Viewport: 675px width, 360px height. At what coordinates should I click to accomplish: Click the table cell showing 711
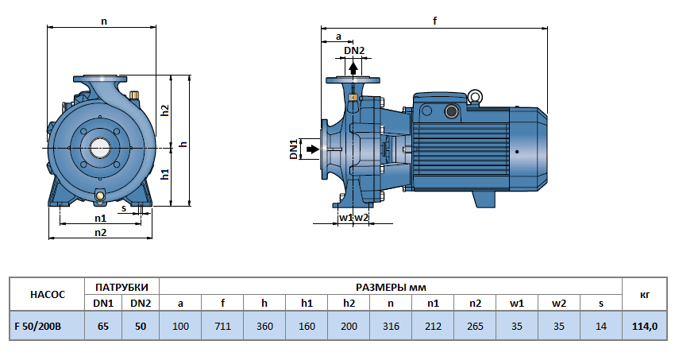click(x=222, y=326)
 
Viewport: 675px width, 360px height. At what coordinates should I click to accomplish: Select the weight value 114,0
click(x=643, y=326)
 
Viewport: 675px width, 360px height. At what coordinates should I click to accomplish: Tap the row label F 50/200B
click(x=46, y=326)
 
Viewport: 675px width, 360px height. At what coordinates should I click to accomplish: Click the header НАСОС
click(x=46, y=295)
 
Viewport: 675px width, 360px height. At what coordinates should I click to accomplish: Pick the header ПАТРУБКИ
click(x=121, y=286)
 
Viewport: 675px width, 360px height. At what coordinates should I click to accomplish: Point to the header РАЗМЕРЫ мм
click(x=390, y=286)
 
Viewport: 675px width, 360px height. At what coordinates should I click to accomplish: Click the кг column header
click(x=643, y=295)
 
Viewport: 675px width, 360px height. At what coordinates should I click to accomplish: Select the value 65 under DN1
click(x=103, y=326)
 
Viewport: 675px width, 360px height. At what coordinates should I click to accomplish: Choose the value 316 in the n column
click(x=390, y=326)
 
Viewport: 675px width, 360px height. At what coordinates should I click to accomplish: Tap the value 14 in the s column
click(x=601, y=326)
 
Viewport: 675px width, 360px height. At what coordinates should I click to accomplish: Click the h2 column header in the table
click(x=349, y=304)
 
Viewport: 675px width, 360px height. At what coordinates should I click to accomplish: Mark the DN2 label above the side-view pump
click(x=354, y=51)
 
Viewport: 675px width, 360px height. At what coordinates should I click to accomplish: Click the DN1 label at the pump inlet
click(x=293, y=149)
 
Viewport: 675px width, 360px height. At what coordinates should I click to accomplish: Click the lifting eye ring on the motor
click(x=475, y=98)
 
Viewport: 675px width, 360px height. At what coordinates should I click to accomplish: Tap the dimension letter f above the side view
click(x=435, y=21)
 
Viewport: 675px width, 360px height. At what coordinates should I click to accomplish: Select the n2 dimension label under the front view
click(x=101, y=232)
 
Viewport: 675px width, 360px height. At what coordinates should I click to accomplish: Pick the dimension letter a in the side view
click(x=338, y=36)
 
